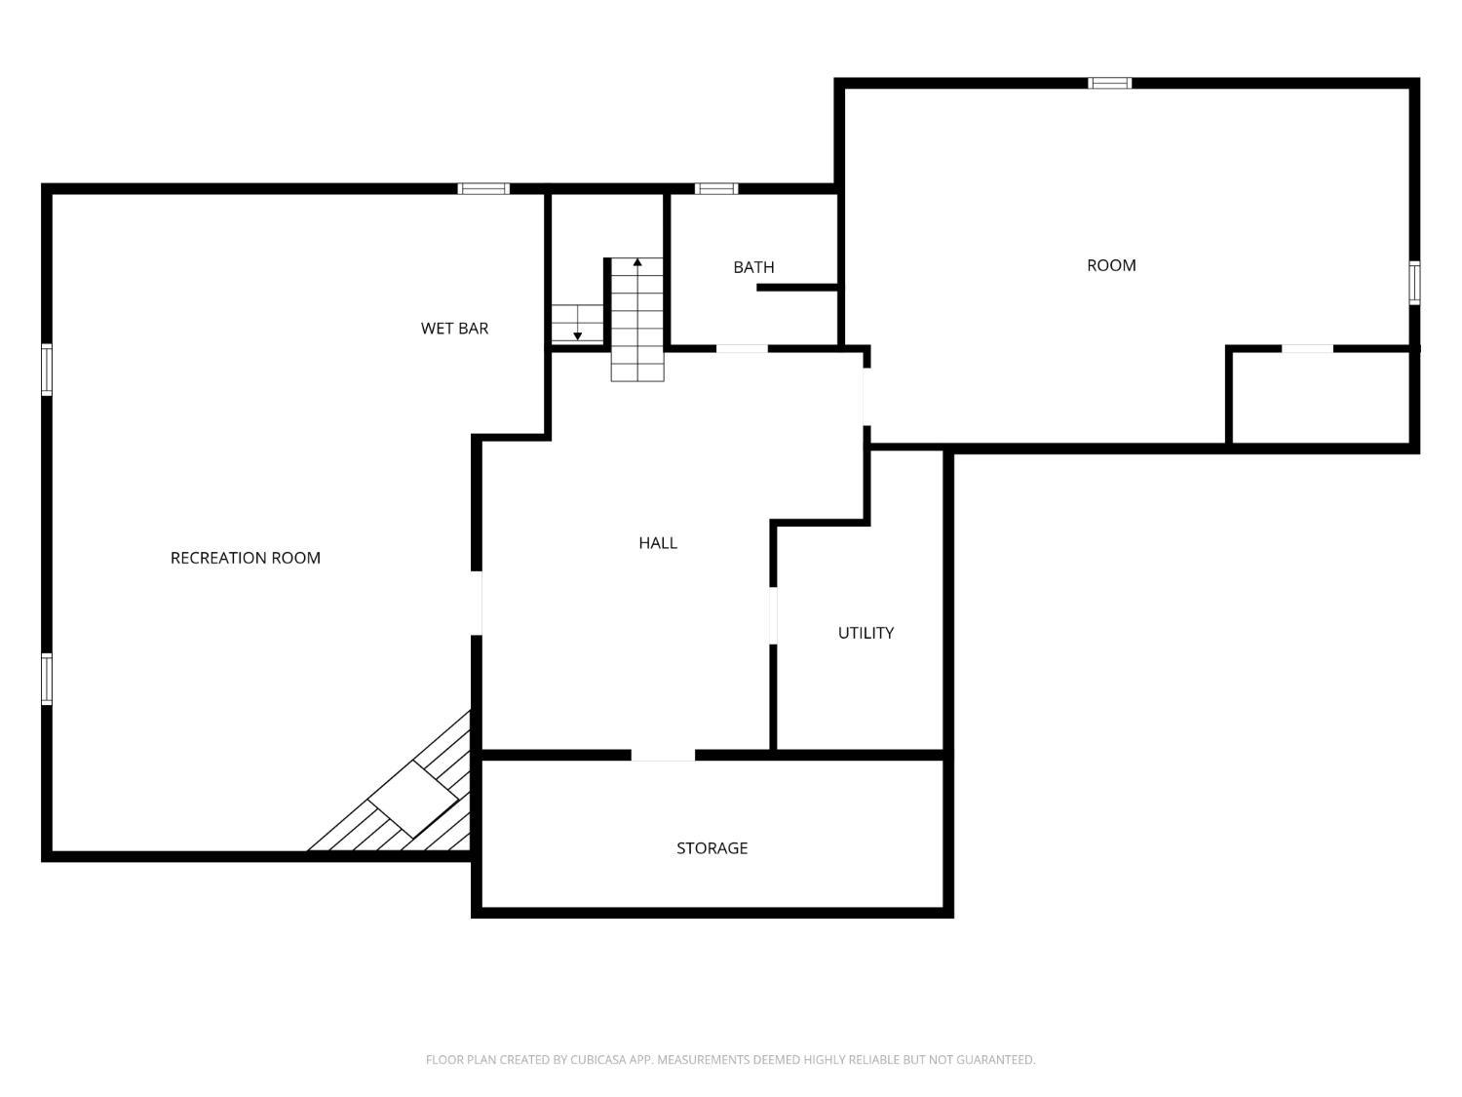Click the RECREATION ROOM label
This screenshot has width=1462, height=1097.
click(245, 558)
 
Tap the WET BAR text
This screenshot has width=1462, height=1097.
click(454, 329)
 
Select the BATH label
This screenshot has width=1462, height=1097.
click(753, 267)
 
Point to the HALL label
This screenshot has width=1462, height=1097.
click(658, 543)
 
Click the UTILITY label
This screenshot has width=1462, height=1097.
click(866, 633)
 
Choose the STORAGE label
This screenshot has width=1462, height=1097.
click(712, 848)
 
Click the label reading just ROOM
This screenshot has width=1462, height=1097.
click(1111, 265)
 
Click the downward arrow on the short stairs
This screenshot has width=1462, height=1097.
click(577, 334)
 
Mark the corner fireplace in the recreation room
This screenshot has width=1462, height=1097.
click(413, 800)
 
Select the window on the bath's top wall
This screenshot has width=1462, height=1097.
click(716, 189)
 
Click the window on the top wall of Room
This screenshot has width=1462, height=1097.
click(1109, 83)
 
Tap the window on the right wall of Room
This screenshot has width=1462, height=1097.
click(1414, 283)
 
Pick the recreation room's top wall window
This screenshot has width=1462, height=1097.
click(483, 189)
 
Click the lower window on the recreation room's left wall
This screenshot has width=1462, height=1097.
click(47, 679)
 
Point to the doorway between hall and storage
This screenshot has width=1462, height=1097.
click(663, 755)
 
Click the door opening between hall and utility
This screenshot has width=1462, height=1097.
click(773, 615)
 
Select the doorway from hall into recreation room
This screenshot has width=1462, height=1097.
click(477, 603)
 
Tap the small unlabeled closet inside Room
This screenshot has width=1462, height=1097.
click(1321, 398)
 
